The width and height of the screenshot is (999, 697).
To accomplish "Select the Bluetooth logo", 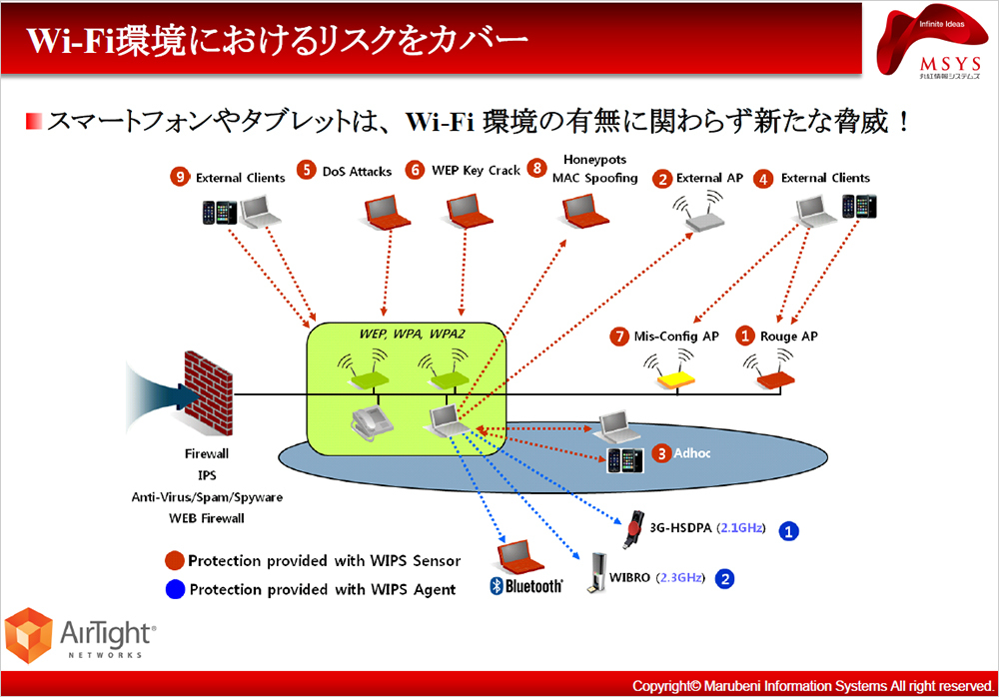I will click(525, 586).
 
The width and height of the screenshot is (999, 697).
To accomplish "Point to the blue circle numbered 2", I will click(725, 577).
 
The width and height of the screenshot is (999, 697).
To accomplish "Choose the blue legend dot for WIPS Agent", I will click(175, 588).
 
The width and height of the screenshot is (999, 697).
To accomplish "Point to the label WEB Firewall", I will click(207, 518).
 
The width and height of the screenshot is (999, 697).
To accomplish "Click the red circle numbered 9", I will click(181, 177).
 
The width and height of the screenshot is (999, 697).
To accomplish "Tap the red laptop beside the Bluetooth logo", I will click(515, 555).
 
